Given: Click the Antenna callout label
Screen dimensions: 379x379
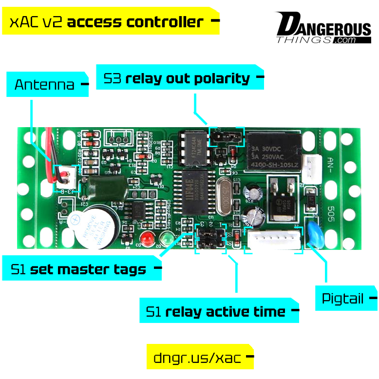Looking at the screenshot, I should (x=45, y=85).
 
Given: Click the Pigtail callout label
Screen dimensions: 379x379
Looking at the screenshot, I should (x=343, y=298).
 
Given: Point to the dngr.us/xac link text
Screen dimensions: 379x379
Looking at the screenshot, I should (x=197, y=358).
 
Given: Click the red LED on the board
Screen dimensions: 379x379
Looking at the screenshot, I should (x=147, y=238).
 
